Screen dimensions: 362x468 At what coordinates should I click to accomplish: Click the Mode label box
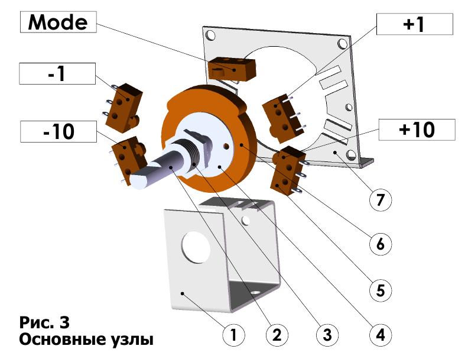coord(58,23)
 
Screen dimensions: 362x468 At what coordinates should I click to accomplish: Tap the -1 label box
coord(57,74)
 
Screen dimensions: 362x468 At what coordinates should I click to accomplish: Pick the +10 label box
coord(417,129)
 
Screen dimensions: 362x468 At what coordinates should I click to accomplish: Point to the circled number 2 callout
coord(276,335)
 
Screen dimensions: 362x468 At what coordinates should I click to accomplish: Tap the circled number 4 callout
coord(380,335)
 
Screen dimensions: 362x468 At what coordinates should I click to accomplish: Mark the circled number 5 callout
coord(380,290)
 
